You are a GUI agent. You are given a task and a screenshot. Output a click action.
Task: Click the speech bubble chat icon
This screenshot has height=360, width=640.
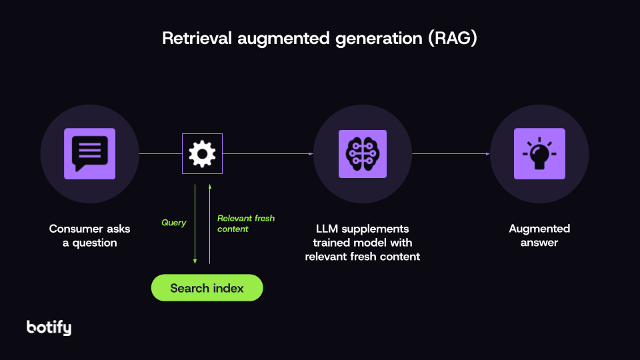89,153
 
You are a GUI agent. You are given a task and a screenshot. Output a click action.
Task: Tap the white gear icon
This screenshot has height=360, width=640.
202,153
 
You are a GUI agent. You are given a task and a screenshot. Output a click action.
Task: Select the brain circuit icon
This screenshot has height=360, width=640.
362,154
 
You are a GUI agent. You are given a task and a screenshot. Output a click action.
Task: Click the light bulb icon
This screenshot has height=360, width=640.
539,153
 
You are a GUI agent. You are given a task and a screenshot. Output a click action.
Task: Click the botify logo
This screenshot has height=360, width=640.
49,327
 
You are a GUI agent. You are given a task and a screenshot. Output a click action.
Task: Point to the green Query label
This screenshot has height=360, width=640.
174,223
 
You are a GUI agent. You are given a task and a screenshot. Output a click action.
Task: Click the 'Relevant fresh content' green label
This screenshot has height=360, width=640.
245,223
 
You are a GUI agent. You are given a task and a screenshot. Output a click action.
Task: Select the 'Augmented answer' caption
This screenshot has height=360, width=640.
539,235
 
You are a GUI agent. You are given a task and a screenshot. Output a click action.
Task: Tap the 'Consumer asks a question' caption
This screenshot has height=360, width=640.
90,235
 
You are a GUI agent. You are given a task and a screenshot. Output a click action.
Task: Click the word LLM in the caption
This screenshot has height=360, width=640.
329,229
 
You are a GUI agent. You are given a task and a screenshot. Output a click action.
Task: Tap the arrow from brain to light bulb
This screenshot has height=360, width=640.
451,154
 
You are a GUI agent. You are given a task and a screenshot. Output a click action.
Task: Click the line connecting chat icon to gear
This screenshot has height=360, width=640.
160,154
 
